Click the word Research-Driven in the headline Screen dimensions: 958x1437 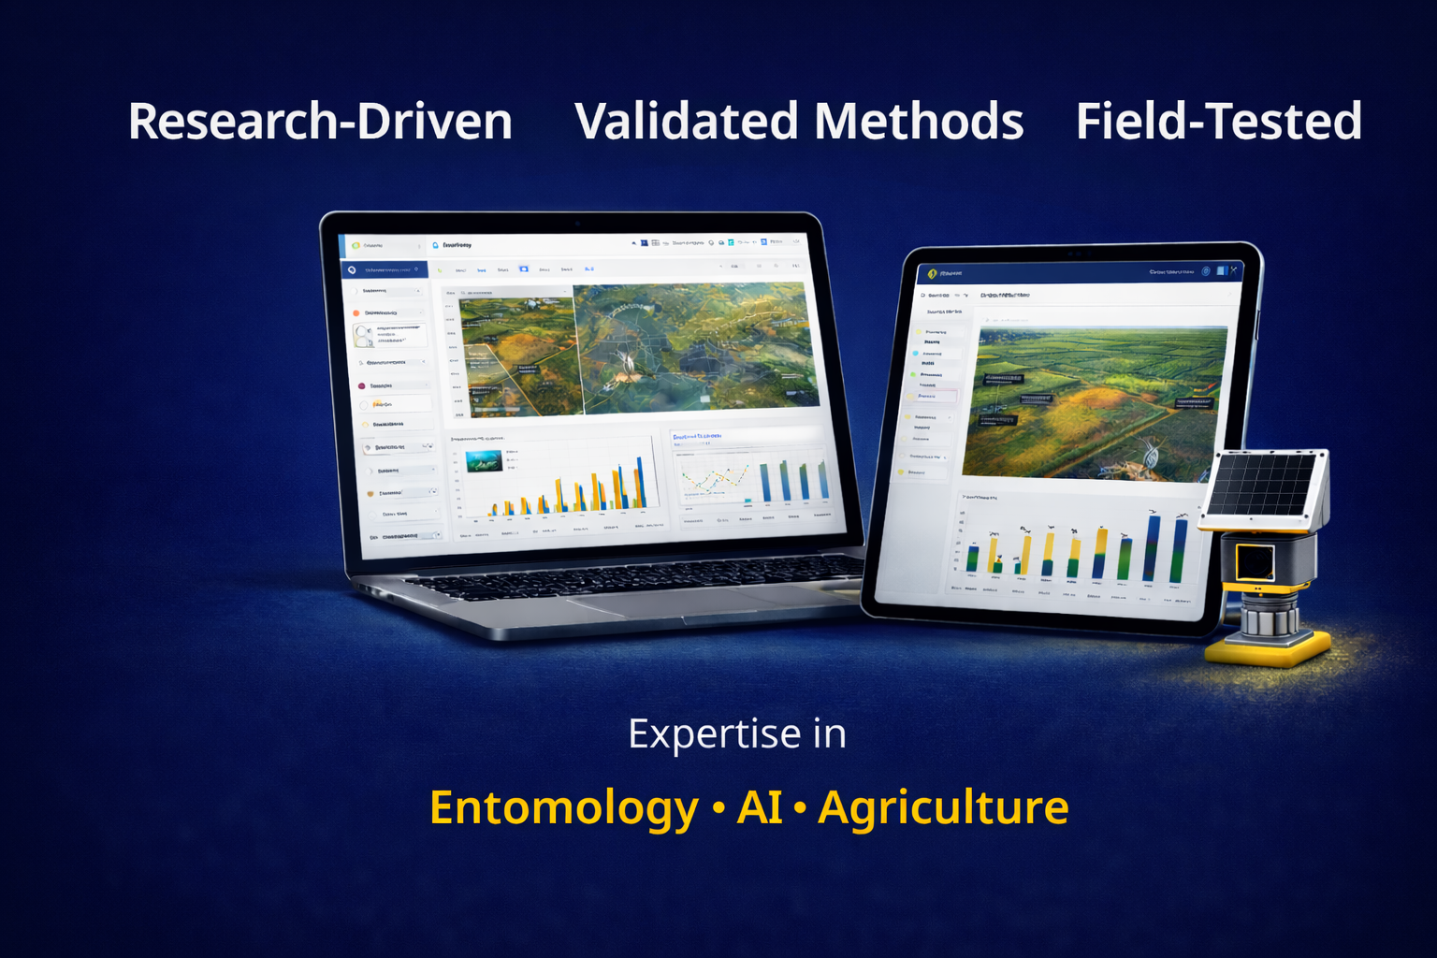320,122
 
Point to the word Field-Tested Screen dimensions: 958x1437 1218,122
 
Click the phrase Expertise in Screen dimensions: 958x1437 737,733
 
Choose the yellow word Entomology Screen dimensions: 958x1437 563,807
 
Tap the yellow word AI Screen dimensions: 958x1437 759,807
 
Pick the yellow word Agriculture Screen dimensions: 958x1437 943,807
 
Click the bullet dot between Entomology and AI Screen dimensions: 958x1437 718,807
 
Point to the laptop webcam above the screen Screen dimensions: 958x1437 577,223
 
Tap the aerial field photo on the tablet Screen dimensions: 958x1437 1095,402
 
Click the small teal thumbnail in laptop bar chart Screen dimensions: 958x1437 484,459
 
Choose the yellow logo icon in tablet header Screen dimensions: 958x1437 932,274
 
